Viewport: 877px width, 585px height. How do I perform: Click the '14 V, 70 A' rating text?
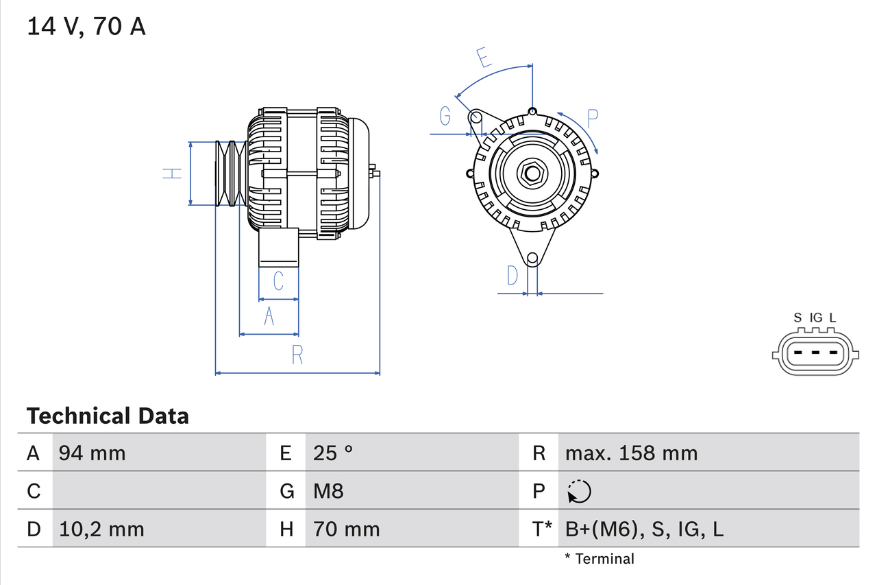[x=86, y=27]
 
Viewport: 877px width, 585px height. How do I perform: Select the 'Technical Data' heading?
[x=108, y=416]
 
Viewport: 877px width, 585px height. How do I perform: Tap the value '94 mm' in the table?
[x=92, y=453]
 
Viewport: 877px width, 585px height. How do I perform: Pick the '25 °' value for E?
[x=333, y=453]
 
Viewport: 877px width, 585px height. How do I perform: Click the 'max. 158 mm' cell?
[x=631, y=453]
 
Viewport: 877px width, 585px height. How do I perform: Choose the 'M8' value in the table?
[x=328, y=491]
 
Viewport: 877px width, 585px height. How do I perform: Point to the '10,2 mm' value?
[x=101, y=529]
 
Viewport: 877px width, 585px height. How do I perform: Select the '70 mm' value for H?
[x=346, y=529]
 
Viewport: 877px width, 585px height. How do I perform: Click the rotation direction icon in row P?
[x=579, y=491]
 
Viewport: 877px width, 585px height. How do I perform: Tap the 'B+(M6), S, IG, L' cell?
[x=644, y=529]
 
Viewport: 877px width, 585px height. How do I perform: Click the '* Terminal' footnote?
[x=600, y=559]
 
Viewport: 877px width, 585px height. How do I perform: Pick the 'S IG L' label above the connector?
[x=815, y=318]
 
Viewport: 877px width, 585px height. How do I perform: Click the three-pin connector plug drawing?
[x=815, y=354]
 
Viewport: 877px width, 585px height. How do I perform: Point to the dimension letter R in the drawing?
[x=297, y=355]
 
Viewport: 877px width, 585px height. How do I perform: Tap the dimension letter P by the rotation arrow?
[x=593, y=117]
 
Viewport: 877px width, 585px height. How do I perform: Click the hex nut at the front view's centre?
[x=532, y=173]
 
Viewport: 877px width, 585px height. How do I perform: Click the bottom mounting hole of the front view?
[x=532, y=259]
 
